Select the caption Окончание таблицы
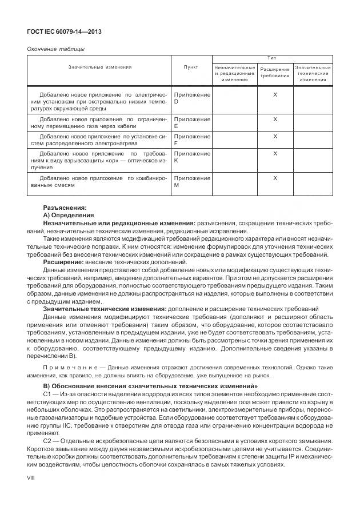tap(56, 49)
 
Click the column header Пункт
tap(191, 67)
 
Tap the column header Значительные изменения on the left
tap(99, 67)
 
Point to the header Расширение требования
tap(275, 73)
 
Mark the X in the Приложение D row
tap(275, 94)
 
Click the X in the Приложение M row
tap(275, 178)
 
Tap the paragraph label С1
tap(48, 395)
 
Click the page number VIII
tap(31, 484)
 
